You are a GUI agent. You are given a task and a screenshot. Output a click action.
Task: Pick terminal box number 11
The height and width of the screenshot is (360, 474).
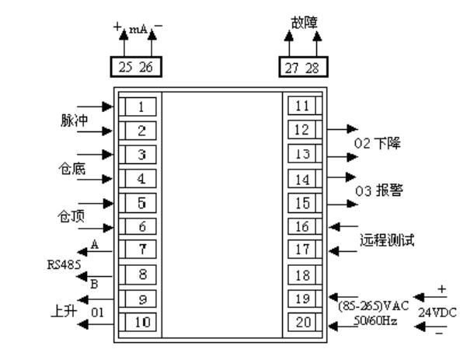pyautogui.click(x=303, y=106)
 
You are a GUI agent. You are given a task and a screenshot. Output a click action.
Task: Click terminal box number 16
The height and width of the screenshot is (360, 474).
pyautogui.click(x=303, y=226)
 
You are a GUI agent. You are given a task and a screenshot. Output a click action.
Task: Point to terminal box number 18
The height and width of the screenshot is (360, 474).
pyautogui.click(x=303, y=274)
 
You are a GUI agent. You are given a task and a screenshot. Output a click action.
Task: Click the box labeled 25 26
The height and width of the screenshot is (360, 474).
pyautogui.click(x=134, y=68)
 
